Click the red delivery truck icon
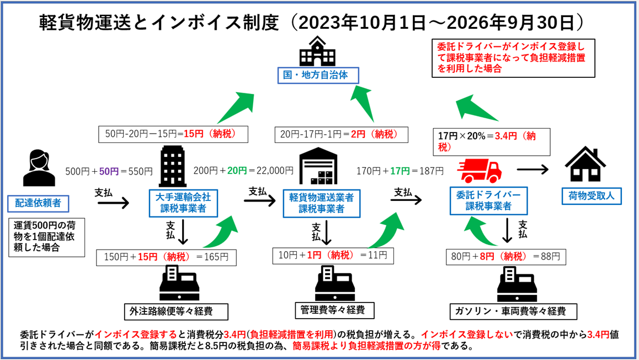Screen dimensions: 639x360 coord(479,170)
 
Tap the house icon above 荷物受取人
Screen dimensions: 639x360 coord(585,164)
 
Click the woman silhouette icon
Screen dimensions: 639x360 coord(39,168)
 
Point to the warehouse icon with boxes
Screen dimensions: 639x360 coord(318,166)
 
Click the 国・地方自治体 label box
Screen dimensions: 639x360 coord(318,76)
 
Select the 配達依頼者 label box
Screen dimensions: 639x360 coord(38,203)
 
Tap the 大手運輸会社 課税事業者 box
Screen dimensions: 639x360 coord(183,203)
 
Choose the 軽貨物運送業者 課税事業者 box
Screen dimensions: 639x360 coord(322,203)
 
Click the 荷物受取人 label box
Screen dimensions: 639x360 coord(592,196)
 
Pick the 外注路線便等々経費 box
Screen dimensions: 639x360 coord(176,311)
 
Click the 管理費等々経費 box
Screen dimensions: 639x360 coord(334,310)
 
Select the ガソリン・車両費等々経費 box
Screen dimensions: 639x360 coord(514,311)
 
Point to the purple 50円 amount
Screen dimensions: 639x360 coord(109,172)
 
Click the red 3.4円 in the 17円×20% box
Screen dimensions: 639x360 coord(506,136)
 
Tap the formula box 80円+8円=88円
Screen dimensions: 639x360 coord(506,257)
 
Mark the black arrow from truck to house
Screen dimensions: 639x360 coord(533,169)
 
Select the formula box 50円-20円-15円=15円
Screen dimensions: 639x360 coord(173,135)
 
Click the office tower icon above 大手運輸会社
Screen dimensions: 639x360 coord(172,166)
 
